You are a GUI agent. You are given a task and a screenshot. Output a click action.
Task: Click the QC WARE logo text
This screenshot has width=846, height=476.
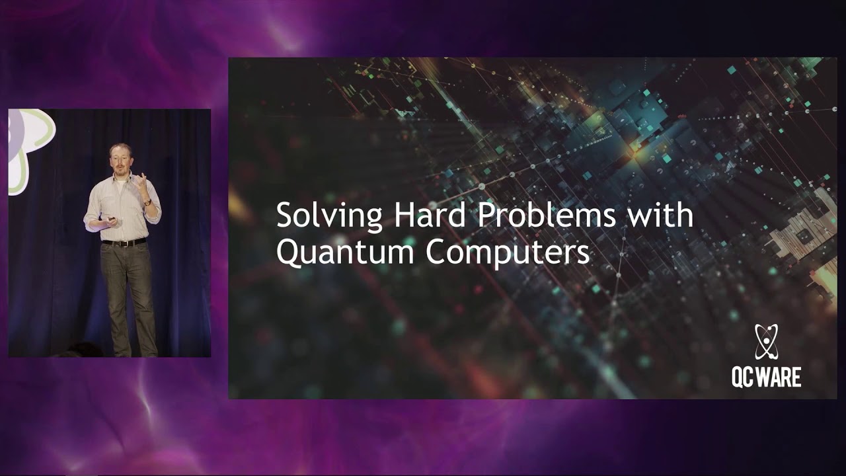pyautogui.click(x=766, y=377)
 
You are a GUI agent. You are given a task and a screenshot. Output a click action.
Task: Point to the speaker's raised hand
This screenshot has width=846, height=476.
pyautogui.click(x=141, y=182)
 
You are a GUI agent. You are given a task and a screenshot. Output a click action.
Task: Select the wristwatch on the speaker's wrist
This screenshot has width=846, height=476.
pyautogui.click(x=147, y=202)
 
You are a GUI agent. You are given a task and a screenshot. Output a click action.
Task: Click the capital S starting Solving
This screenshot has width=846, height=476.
pyautogui.click(x=284, y=216)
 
